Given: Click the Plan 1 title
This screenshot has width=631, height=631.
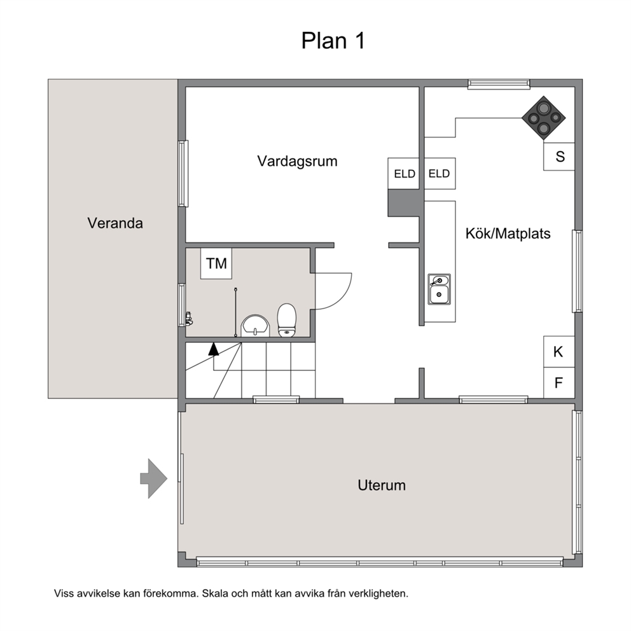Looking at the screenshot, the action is (333, 41).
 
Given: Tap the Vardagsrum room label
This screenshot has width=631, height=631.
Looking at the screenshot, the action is (298, 162).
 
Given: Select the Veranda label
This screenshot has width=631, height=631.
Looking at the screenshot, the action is (115, 223).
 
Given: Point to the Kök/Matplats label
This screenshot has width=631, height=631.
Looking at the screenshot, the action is (508, 233).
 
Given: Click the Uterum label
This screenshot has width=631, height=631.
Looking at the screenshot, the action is (382, 485).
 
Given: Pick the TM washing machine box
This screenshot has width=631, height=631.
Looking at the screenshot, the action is (216, 263).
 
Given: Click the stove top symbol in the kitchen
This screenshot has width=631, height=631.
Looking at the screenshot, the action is (544, 118).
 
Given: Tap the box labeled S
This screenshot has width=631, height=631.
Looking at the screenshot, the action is (559, 156).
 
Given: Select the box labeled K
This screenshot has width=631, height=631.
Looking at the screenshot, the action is (559, 352).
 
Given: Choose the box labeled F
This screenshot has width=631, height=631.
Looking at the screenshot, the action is (559, 383).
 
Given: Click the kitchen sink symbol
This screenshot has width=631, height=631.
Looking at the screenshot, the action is (439, 289).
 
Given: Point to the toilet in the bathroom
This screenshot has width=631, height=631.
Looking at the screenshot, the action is (286, 320).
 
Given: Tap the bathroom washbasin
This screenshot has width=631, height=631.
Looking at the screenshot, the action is (255, 326).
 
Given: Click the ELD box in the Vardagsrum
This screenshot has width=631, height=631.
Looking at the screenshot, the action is (404, 174).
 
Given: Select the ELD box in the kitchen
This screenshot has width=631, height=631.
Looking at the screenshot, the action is (440, 174).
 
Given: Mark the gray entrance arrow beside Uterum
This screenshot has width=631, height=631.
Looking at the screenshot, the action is (154, 478).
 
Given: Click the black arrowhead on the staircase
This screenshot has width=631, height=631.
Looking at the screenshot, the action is (214, 349).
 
